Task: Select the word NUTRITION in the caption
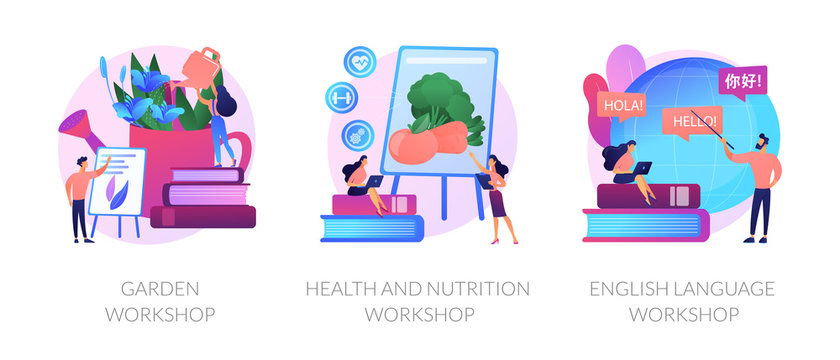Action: click(x=476, y=290)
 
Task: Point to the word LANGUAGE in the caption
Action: click(x=722, y=290)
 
